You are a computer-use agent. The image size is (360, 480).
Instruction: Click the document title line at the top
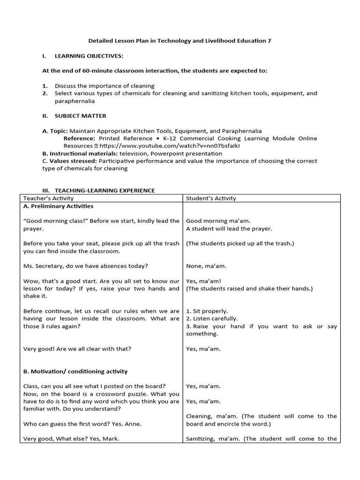coord(180,41)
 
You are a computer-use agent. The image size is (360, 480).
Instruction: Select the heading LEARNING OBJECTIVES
coord(89,56)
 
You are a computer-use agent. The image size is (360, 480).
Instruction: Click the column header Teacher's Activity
coord(45,198)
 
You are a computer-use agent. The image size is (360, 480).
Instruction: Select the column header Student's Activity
coord(211,198)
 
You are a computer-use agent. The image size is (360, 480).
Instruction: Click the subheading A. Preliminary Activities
coord(58,206)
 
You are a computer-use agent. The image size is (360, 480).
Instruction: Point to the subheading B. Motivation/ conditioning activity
coord(75,371)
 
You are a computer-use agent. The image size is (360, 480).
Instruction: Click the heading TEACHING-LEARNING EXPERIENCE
coord(105,190)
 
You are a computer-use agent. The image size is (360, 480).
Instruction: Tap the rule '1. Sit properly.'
coord(207,311)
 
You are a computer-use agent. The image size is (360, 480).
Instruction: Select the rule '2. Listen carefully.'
coord(211,318)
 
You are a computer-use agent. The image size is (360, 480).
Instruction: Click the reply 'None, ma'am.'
coord(206,266)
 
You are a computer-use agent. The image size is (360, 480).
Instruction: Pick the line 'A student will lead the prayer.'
coord(229,229)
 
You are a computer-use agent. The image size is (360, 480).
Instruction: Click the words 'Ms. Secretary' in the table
coord(41,266)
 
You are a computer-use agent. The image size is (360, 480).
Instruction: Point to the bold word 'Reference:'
coord(79,138)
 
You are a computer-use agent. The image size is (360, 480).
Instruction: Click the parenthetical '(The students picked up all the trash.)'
coord(240,243)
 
